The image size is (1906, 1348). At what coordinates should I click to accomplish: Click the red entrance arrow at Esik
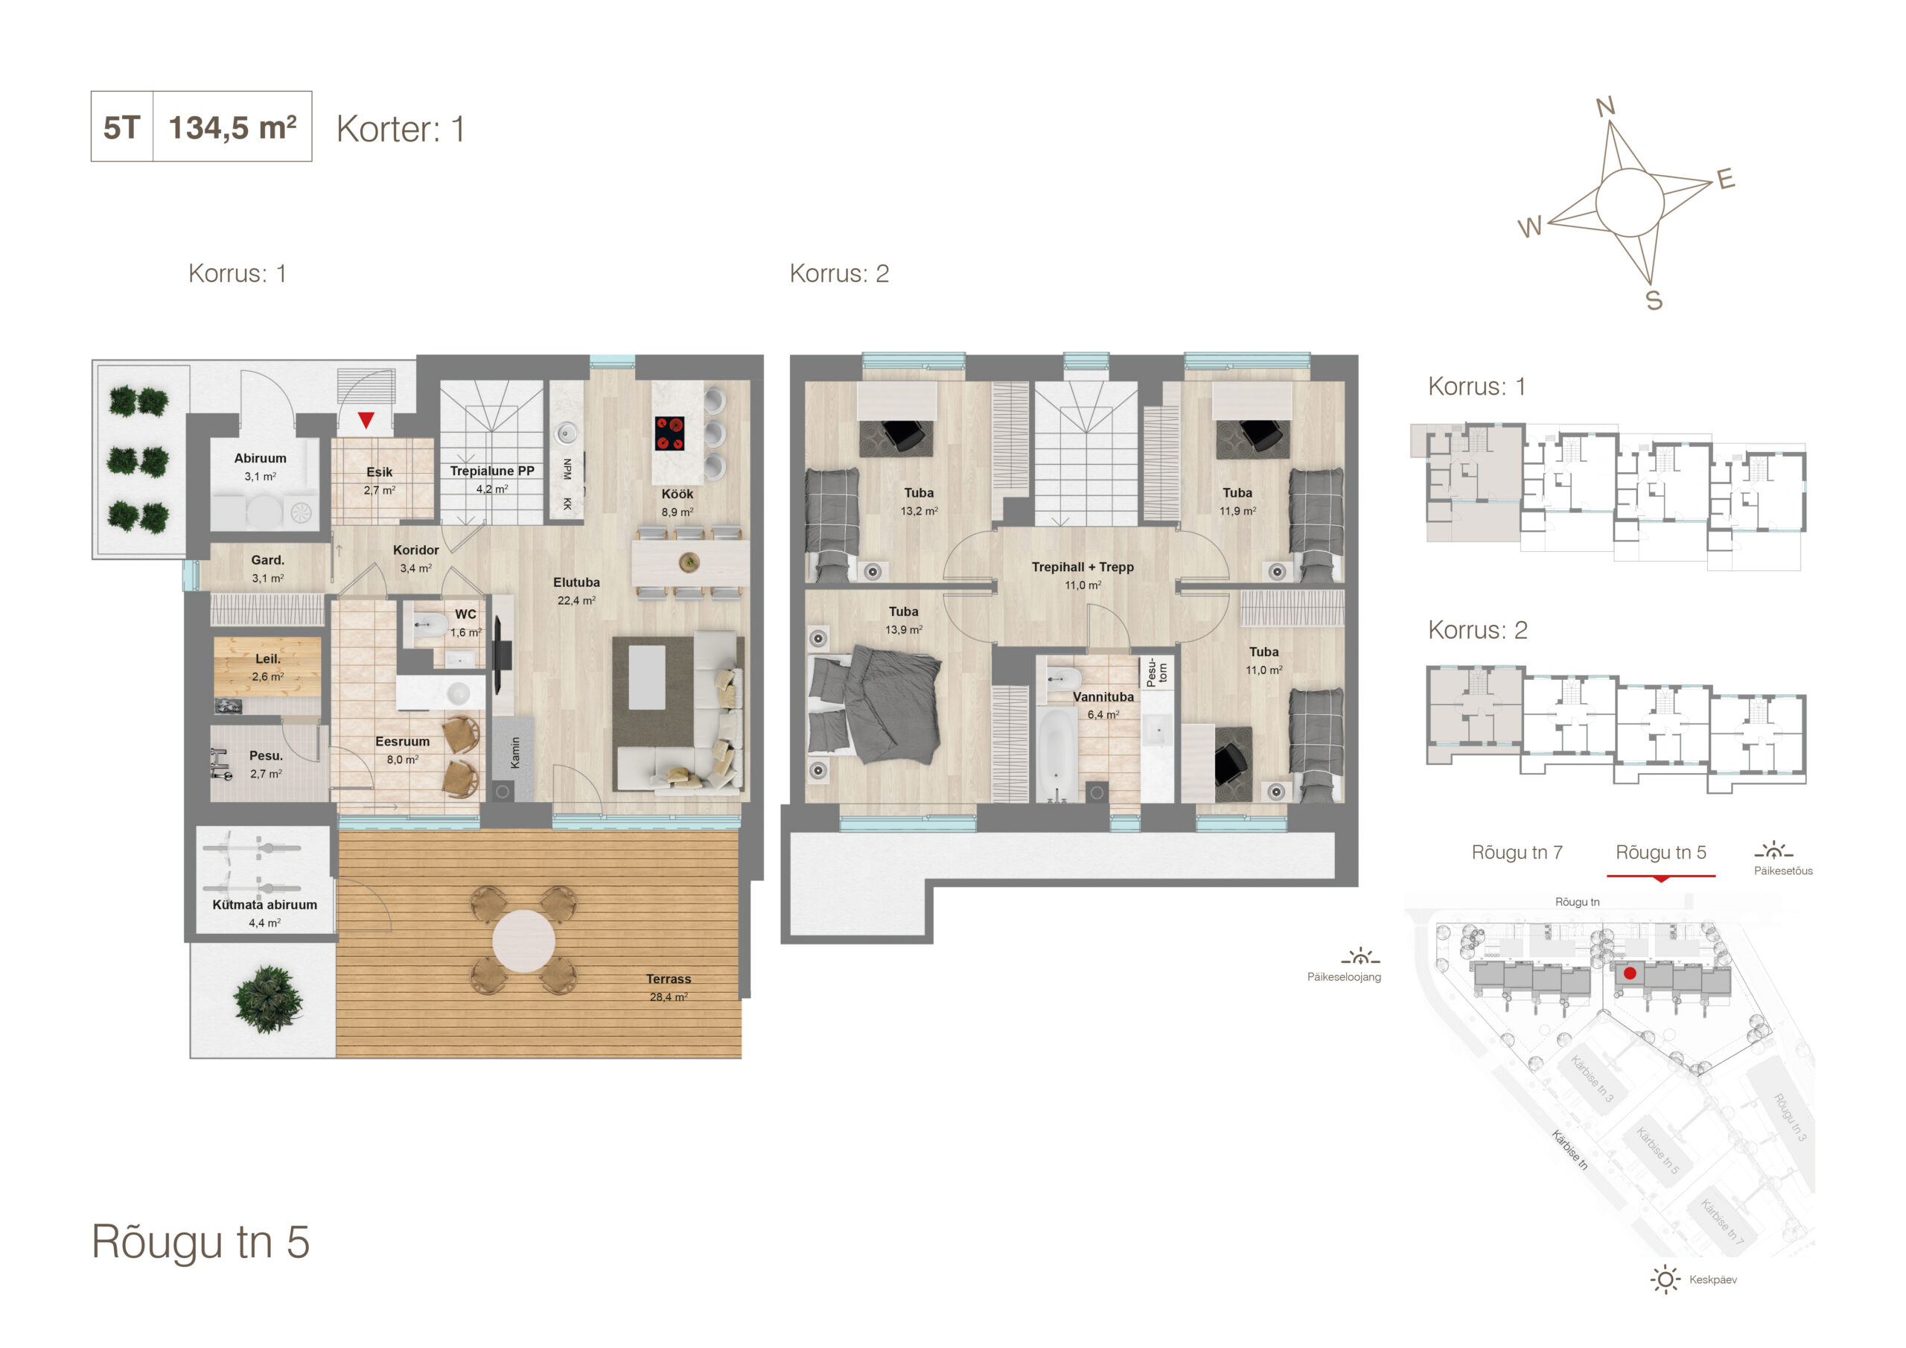point(366,420)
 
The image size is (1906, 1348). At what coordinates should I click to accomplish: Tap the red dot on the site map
point(1630,973)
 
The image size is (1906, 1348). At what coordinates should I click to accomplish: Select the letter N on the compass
point(1605,106)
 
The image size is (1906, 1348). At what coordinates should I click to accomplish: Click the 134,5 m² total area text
point(232,127)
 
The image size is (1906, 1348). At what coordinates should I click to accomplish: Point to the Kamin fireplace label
point(515,752)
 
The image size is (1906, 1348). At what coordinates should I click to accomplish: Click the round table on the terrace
point(524,941)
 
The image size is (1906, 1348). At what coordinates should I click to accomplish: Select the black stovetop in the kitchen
point(670,433)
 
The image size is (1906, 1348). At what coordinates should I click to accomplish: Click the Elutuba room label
point(576,582)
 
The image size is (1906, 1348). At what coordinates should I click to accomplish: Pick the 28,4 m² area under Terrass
point(669,996)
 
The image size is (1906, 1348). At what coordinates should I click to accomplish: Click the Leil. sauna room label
point(267,658)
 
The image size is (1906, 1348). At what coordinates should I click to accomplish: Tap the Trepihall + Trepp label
point(1083,568)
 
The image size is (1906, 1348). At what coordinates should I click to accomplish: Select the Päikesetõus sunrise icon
point(1773,851)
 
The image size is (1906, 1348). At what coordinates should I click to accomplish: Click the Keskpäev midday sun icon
point(1666,1279)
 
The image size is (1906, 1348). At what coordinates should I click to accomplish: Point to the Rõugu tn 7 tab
point(1517,852)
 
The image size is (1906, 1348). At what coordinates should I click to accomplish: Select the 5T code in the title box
point(121,128)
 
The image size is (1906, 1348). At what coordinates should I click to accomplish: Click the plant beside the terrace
point(267,999)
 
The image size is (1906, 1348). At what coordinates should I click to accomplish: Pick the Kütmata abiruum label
point(265,904)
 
